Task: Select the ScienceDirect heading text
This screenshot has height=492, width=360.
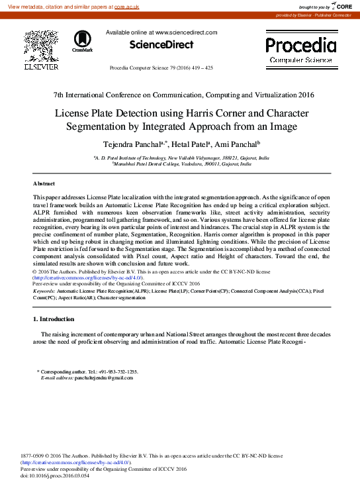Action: tap(161, 45)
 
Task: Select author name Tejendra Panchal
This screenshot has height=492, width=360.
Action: tap(130, 144)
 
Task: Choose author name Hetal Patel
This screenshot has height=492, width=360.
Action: tap(191, 144)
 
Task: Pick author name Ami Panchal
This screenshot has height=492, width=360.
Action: tap(237, 144)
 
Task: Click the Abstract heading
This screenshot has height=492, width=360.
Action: tap(44, 183)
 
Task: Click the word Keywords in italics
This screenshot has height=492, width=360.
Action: tap(44, 291)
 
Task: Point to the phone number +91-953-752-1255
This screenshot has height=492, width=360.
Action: tap(116, 372)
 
